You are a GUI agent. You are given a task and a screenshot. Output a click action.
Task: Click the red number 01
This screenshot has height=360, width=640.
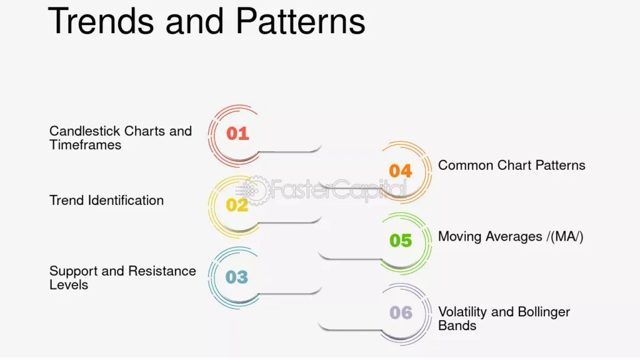237,134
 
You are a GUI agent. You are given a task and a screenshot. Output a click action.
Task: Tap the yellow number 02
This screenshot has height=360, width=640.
237,205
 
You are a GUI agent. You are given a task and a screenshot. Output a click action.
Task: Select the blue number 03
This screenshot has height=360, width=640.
237,277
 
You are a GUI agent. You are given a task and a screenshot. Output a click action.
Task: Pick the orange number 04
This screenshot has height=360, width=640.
401,171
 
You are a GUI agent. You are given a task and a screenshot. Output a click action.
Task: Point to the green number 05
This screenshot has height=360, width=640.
401,241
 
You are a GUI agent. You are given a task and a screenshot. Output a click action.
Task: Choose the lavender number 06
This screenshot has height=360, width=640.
401,313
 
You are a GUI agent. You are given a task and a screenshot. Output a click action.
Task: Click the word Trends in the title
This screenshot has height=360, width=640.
101,21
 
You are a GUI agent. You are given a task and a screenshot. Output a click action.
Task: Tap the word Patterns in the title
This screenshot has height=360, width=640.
301,21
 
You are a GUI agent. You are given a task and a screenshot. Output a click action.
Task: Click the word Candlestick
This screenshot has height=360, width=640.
85,131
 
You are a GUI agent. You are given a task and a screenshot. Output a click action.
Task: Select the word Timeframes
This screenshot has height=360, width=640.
85,145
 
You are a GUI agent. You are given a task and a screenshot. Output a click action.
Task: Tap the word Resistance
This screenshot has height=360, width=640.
162,271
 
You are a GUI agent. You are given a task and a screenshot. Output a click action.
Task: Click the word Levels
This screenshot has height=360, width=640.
69,285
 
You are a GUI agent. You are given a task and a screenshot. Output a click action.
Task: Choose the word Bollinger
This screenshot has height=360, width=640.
544,312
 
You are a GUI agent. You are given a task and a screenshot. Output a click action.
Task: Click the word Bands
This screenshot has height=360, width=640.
457,326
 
